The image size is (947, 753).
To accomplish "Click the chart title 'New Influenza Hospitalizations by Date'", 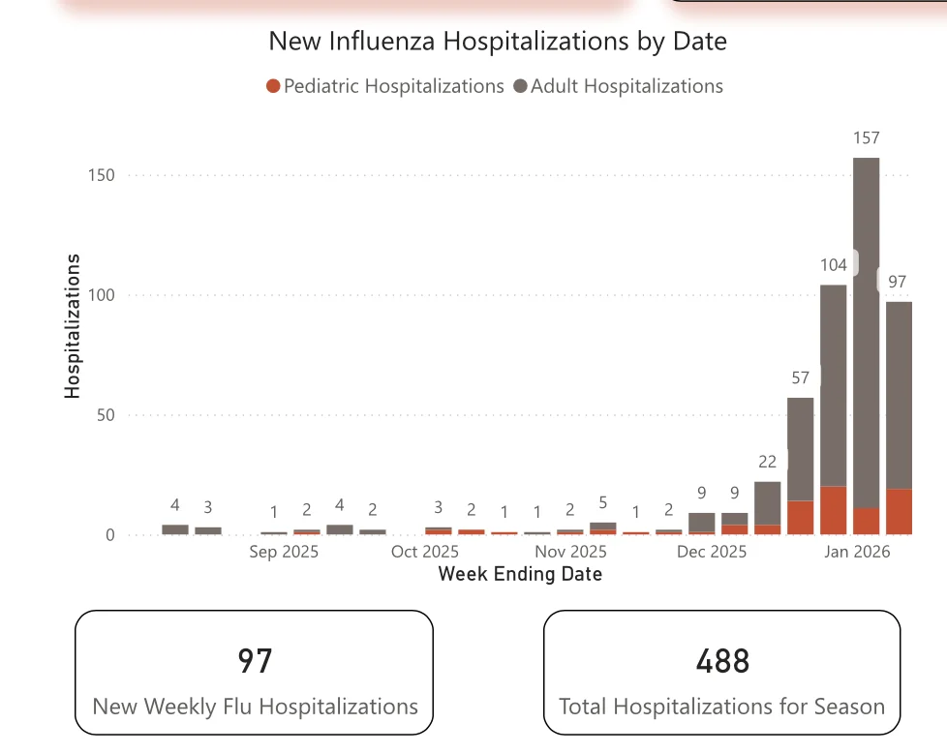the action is tap(498, 42).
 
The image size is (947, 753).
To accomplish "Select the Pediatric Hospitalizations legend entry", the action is tap(385, 86).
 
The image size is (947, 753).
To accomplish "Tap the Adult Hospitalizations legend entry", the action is tap(619, 86).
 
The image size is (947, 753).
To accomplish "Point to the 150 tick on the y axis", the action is tap(101, 175).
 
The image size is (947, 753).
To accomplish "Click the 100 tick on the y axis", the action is tap(101, 295).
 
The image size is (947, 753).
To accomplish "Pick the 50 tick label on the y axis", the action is tap(106, 415).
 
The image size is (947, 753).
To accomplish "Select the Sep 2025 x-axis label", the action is tap(284, 552).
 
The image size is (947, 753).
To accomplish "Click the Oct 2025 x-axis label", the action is tap(425, 552).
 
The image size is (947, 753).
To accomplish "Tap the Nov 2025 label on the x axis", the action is tap(570, 552).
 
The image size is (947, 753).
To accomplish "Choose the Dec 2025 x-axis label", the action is tap(712, 552).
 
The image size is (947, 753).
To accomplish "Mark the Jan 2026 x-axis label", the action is tap(857, 552).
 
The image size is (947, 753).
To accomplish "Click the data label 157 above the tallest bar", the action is tap(866, 137).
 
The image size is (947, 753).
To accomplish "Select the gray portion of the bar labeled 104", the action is tap(834, 386).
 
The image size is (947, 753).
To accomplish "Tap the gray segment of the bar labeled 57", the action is tap(800, 449).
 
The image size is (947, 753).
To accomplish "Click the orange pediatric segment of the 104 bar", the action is tap(834, 510).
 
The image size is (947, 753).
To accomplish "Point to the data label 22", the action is tap(767, 462).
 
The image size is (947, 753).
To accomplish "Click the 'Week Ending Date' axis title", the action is tap(520, 574).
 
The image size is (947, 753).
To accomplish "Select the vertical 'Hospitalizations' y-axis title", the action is tap(73, 326).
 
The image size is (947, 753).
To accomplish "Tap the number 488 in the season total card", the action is tap(722, 661).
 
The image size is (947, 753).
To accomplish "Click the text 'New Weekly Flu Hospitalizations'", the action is tap(255, 707).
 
